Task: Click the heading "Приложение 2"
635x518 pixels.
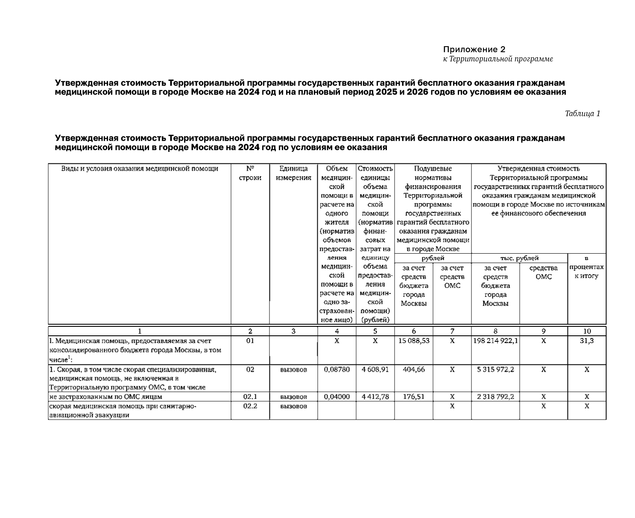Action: click(474, 49)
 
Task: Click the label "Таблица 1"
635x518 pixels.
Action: click(582, 113)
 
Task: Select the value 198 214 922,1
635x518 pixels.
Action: click(495, 341)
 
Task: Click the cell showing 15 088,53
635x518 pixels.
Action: click(413, 341)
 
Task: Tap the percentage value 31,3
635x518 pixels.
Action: click(586, 341)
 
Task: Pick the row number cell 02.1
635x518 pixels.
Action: click(250, 397)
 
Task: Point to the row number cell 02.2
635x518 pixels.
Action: click(250, 406)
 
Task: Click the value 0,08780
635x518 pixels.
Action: click(337, 369)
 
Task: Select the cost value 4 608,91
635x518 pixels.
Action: click(375, 369)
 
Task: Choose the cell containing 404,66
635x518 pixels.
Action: click(413, 369)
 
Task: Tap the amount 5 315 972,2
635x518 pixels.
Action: click(495, 369)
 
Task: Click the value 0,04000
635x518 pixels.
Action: click(337, 397)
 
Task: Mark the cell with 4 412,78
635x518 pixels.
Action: click(375, 397)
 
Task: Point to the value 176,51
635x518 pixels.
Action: click(413, 397)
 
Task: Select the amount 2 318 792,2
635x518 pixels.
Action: click(495, 397)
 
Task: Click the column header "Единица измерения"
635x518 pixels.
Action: click(293, 173)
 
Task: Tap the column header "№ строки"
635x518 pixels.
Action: click(250, 173)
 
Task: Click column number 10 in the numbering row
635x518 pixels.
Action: click(587, 331)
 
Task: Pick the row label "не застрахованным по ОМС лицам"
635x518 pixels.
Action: click(105, 397)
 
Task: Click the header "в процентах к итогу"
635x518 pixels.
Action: click(586, 267)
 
